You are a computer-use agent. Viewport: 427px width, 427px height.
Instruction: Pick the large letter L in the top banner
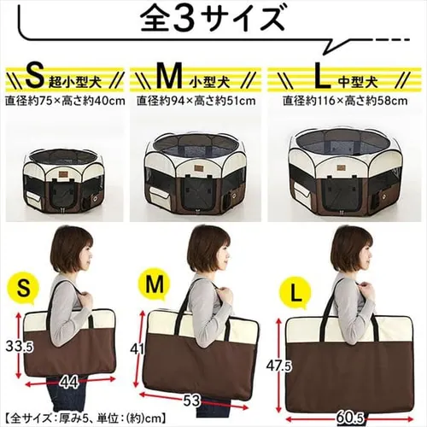click(324, 77)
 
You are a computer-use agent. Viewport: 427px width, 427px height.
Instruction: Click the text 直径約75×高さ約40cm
click(65, 101)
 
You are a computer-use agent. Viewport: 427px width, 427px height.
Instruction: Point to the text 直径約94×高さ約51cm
click(196, 101)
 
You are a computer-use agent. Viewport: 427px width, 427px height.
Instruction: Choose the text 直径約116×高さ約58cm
click(345, 101)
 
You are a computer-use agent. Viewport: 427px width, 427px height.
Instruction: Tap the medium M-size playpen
click(196, 174)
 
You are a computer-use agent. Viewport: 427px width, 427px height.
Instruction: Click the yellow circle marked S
click(24, 289)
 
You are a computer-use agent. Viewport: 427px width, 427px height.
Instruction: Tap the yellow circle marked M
click(154, 285)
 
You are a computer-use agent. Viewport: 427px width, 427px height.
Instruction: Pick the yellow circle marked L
click(296, 296)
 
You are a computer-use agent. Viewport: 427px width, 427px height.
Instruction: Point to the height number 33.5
click(20, 347)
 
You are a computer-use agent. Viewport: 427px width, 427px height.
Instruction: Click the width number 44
click(69, 383)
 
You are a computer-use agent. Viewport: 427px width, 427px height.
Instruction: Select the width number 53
click(191, 401)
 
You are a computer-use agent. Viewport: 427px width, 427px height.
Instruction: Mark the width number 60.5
click(350, 418)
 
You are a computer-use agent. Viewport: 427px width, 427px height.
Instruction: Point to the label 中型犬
click(358, 83)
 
